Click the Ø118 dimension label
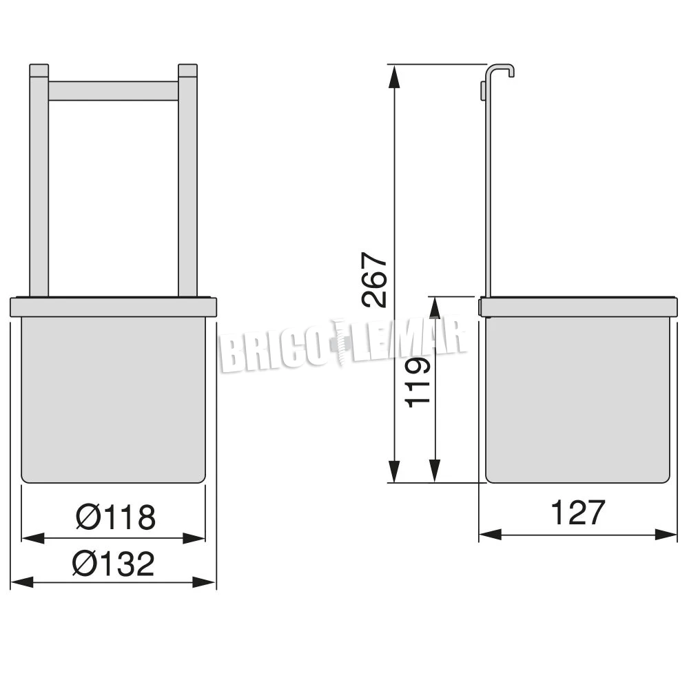click(x=116, y=517)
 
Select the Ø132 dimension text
click(x=114, y=564)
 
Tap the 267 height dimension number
click(x=374, y=280)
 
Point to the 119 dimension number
click(x=417, y=382)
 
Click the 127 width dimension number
click(x=578, y=513)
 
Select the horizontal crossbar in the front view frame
click(x=114, y=91)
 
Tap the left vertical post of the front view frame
click(x=39, y=181)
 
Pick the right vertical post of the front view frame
click(x=187, y=181)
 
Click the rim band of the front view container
click(x=114, y=307)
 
